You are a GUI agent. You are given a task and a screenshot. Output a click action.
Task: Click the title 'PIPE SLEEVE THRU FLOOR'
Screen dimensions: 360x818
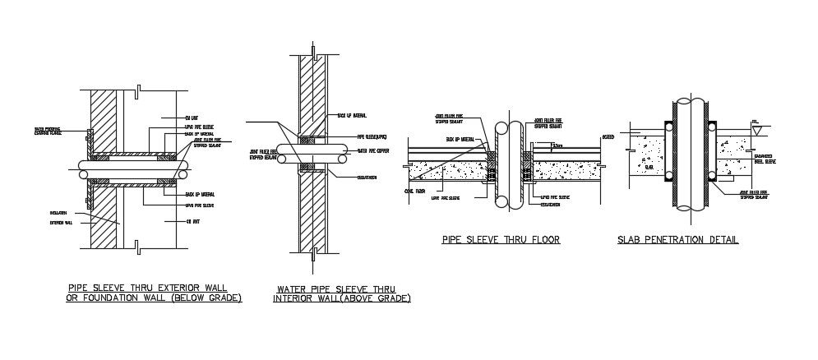coord(500,240)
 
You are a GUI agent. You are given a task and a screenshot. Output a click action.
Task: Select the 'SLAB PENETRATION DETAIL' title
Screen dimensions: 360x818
coord(677,240)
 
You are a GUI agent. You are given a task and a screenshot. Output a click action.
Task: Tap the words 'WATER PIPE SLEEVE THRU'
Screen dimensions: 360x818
coord(335,288)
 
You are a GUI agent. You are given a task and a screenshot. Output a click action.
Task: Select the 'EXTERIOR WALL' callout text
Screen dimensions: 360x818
coord(60,221)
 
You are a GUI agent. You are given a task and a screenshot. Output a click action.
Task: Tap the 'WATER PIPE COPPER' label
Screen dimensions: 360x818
coord(373,150)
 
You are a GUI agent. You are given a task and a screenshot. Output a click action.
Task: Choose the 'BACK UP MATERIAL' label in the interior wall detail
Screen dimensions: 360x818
coord(353,115)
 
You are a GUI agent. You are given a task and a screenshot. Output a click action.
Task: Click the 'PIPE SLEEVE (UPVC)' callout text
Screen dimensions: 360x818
coord(372,136)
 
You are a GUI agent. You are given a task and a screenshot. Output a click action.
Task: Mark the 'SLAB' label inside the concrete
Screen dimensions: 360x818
coord(649,166)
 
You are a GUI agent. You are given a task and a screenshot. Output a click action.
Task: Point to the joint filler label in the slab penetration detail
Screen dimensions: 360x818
coord(755,196)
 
